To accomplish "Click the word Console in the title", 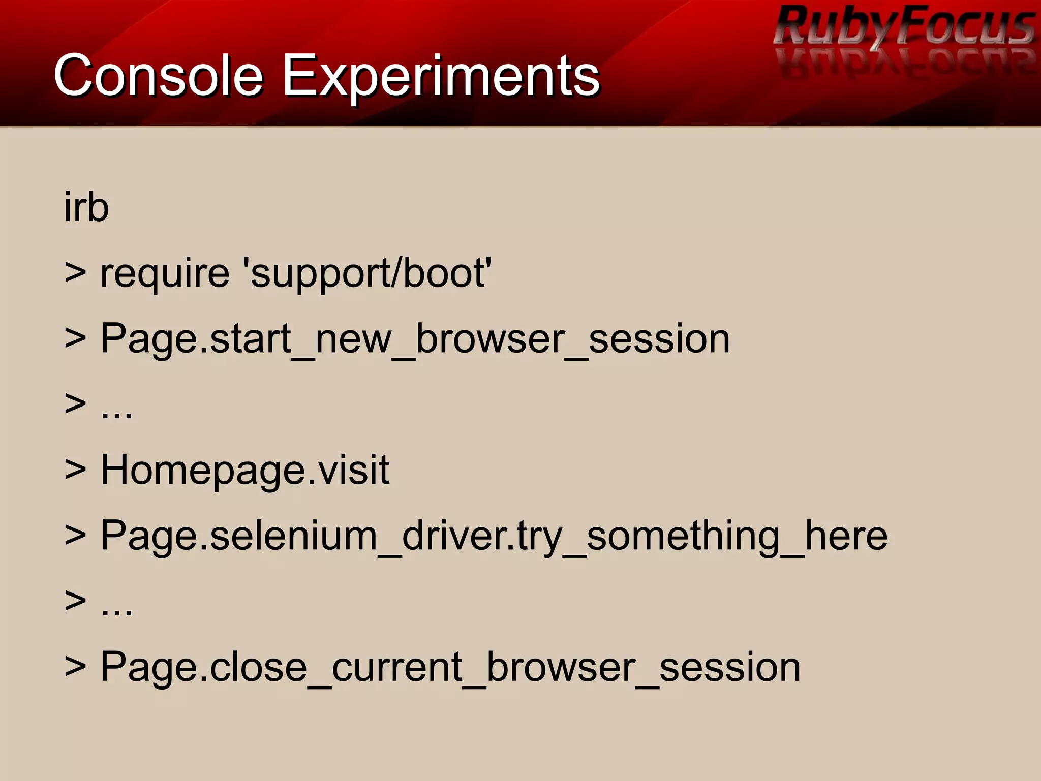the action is pyautogui.click(x=158, y=76).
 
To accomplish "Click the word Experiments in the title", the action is pyautogui.click(x=441, y=76).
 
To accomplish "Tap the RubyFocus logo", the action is pyautogui.click(x=905, y=25).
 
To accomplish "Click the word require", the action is pyautogui.click(x=165, y=274).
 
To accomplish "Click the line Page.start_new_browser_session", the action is pyautogui.click(x=415, y=339).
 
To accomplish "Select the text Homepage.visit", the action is pyautogui.click(x=244, y=471).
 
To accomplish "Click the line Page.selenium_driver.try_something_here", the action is pyautogui.click(x=494, y=537).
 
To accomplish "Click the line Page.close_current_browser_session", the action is pyautogui.click(x=450, y=667).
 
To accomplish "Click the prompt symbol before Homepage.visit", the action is pyautogui.click(x=75, y=470).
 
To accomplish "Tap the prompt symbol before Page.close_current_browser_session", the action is pyautogui.click(x=75, y=667).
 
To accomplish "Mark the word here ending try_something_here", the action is pyautogui.click(x=846, y=536).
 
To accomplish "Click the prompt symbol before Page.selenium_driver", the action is pyautogui.click(x=75, y=536).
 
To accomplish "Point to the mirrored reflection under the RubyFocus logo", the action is pyautogui.click(x=905, y=62).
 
